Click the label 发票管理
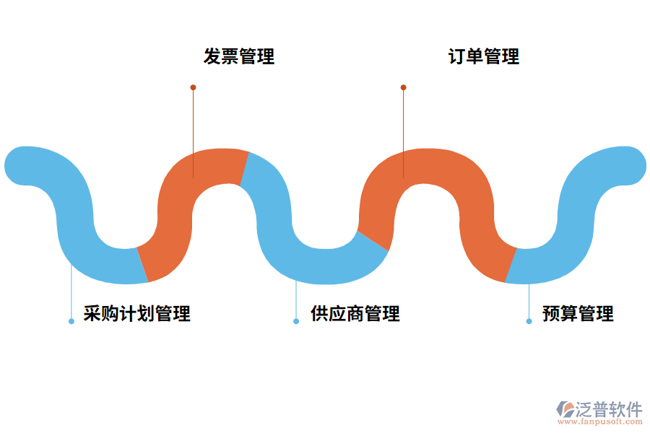(x=239, y=56)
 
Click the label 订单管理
(x=484, y=56)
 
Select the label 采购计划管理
(x=137, y=314)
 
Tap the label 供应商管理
(x=355, y=314)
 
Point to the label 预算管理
(x=578, y=314)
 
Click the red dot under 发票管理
(x=193, y=87)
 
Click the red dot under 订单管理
(x=403, y=87)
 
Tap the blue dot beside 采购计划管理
(x=71, y=321)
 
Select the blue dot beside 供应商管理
(x=296, y=321)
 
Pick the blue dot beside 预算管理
(x=529, y=321)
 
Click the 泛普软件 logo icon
(x=565, y=409)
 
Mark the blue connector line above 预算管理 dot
(x=529, y=299)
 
